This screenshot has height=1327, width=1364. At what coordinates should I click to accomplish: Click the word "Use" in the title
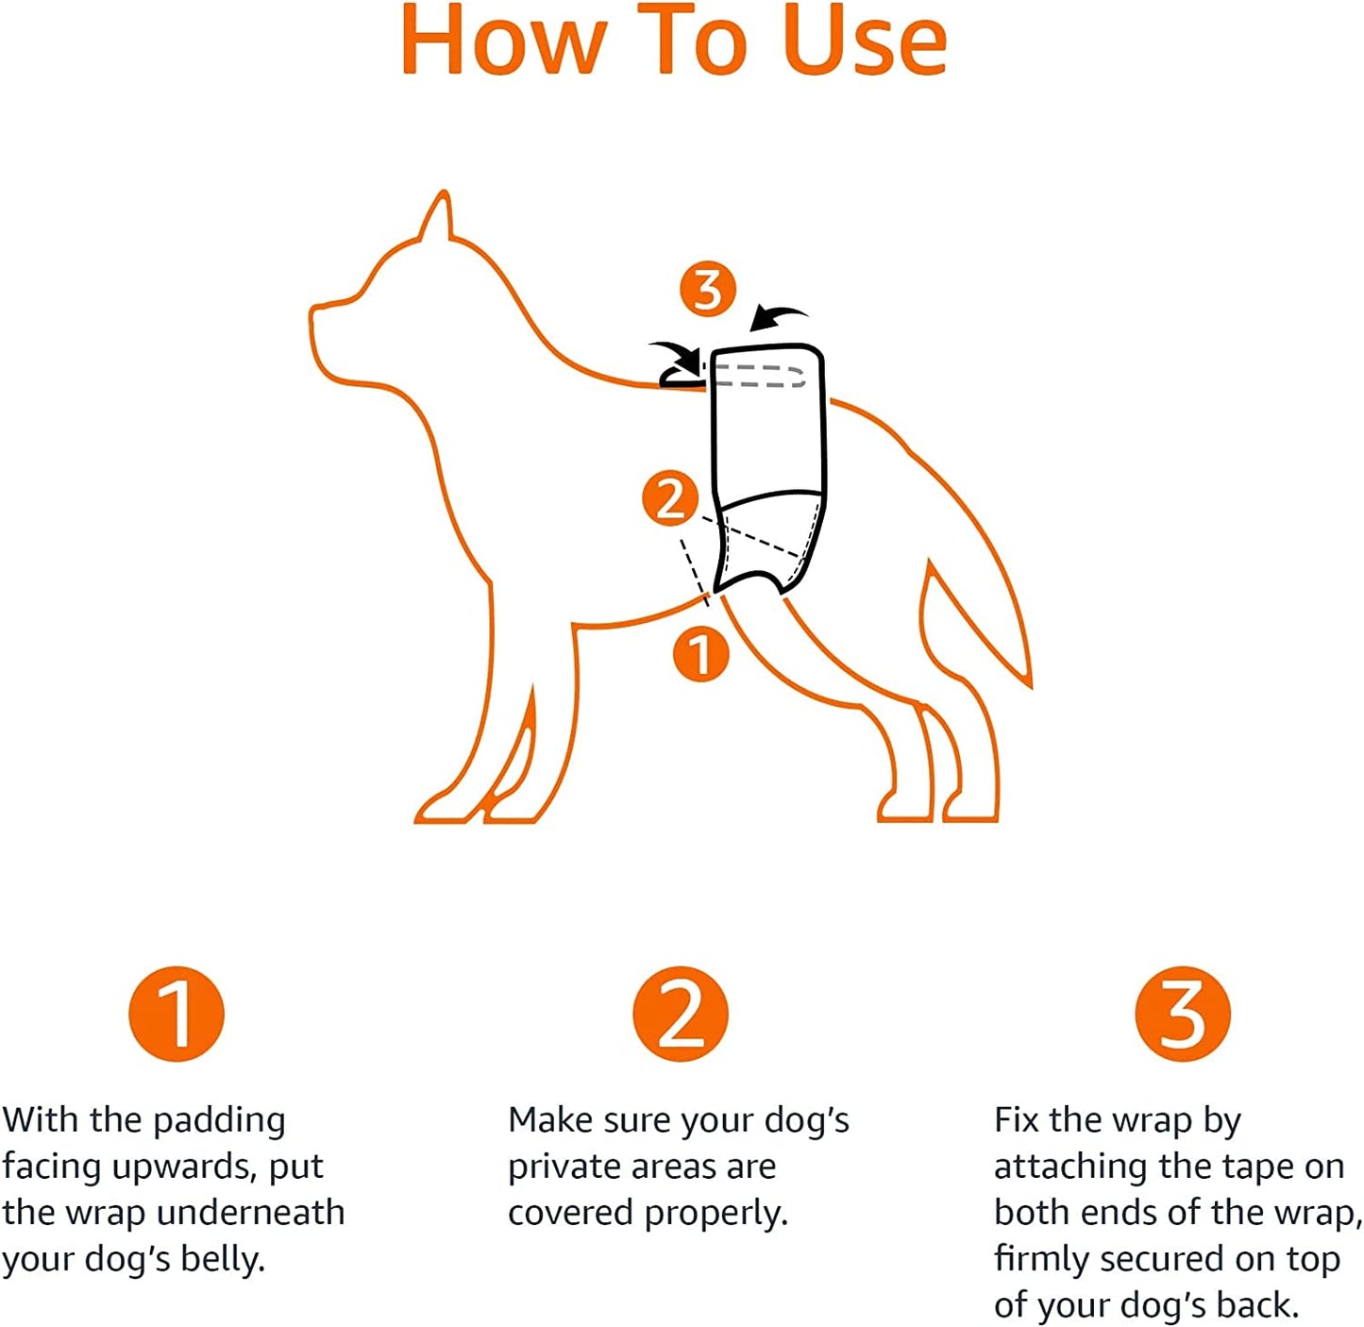coord(865,40)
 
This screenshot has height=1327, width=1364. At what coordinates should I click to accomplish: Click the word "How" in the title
coord(503,40)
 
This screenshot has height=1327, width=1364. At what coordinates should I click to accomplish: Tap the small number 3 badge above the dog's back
coord(708,289)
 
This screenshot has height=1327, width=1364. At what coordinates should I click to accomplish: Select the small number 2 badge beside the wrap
coord(671,498)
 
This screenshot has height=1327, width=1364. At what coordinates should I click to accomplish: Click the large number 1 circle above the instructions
coord(177,1014)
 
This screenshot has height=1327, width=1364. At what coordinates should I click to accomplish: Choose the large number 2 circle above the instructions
coord(681,1014)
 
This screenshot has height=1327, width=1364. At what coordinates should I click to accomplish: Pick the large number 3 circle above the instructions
coord(1183,1014)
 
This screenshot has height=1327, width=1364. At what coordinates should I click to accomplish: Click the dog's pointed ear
coord(438,216)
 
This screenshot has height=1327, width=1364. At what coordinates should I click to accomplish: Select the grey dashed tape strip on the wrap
coord(761,376)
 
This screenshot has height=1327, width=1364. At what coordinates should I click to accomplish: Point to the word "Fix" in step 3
coord(1017,1120)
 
